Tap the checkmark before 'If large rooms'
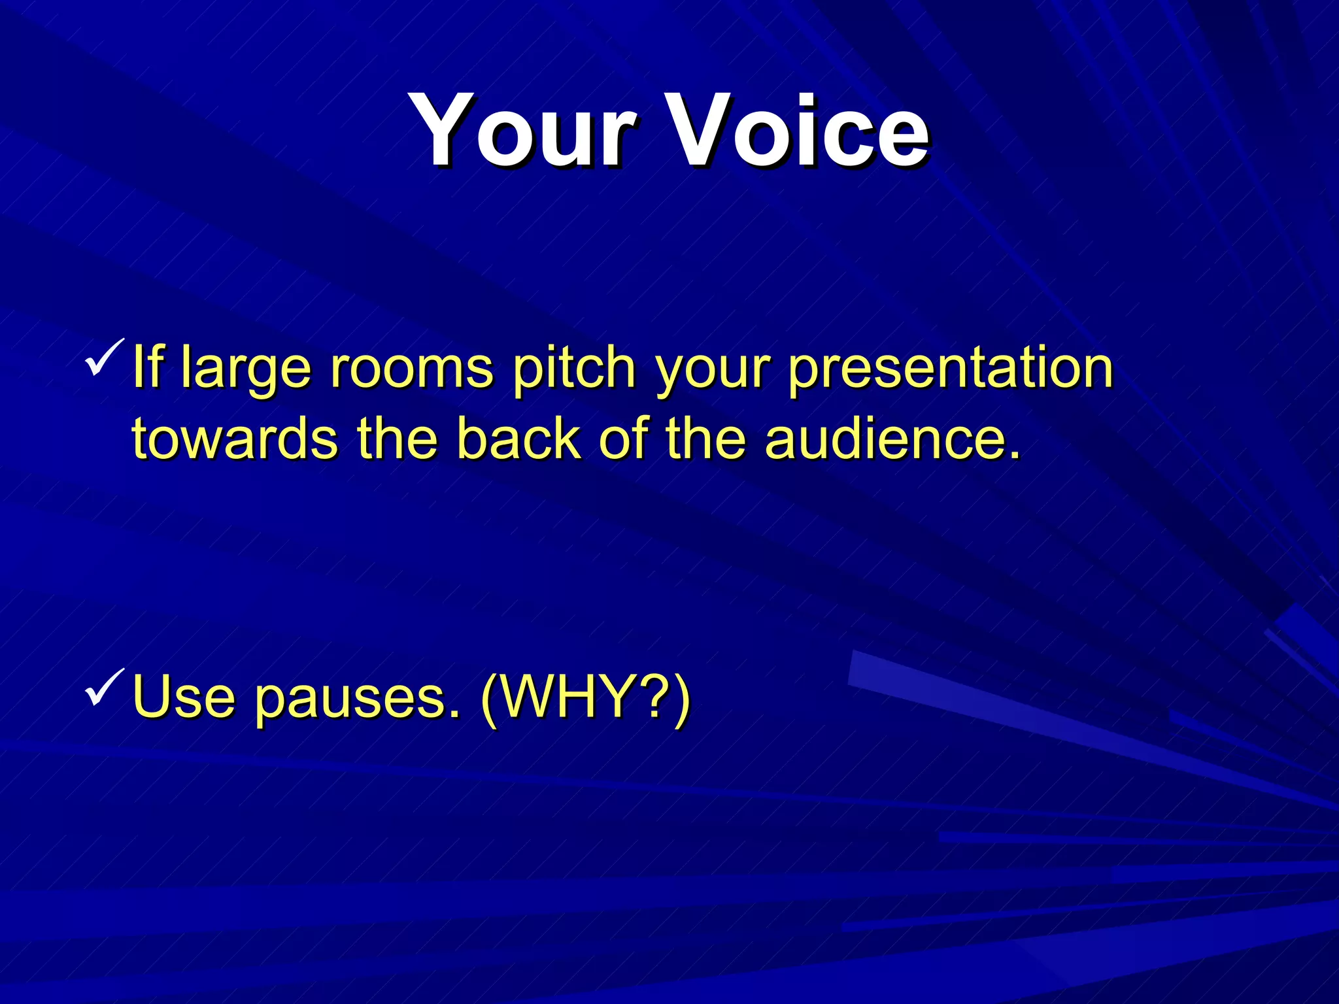104,358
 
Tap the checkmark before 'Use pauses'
104,688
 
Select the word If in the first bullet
148,367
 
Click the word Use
183,697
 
